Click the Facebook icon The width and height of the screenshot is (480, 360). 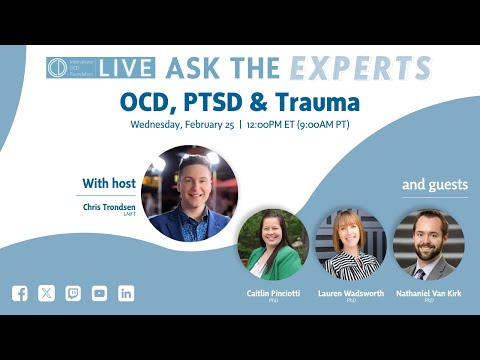point(20,293)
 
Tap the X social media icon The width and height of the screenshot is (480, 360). point(47,293)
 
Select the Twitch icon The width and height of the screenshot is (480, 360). point(73,293)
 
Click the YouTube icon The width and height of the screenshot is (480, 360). point(99,293)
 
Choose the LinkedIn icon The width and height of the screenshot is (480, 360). point(126,293)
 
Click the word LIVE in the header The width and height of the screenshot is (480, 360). point(128,68)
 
